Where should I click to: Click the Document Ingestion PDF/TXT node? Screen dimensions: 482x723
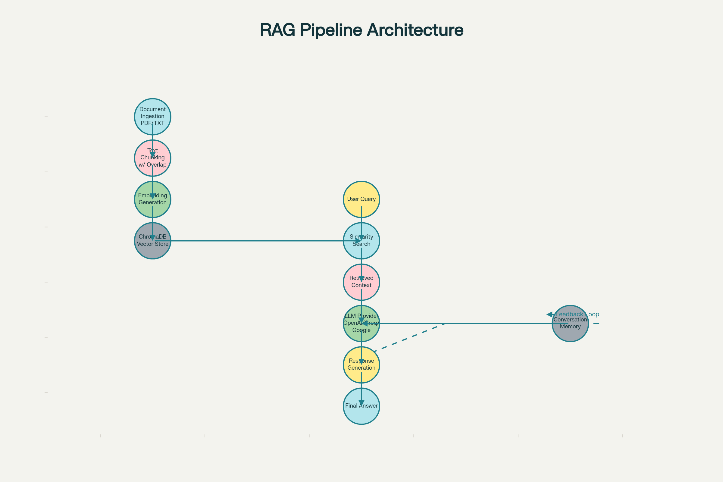(x=152, y=117)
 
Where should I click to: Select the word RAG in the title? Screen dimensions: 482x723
(x=277, y=30)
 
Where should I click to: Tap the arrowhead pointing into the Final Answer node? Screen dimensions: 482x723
(x=361, y=403)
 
